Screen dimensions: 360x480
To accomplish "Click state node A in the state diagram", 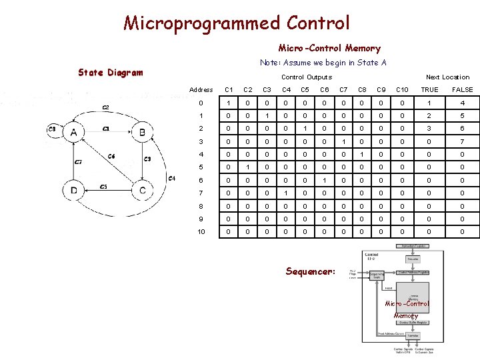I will (x=74, y=133).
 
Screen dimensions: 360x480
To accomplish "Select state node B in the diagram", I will (x=142, y=133).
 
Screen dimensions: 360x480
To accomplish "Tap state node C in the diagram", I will (x=142, y=190).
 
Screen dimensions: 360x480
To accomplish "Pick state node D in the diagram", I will (x=74, y=190).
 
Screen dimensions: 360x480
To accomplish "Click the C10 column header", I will (x=402, y=89).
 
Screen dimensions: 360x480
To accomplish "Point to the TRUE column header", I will (x=430, y=89).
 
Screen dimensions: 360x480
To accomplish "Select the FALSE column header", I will (x=463, y=89).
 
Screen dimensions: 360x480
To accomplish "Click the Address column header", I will (x=201, y=89).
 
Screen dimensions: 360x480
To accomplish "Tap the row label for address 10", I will (x=201, y=231).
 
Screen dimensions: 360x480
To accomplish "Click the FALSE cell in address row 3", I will (x=463, y=141).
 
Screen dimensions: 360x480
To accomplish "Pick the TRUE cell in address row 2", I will (x=430, y=129).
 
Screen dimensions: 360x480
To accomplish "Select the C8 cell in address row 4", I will (x=362, y=155).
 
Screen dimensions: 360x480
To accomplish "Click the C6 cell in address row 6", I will (x=324, y=180).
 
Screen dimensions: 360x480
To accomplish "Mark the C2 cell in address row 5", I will (x=247, y=167).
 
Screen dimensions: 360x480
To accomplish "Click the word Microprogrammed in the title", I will (x=202, y=23).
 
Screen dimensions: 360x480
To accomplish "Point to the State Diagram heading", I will (x=111, y=73).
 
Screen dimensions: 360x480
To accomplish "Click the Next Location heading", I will (x=447, y=77).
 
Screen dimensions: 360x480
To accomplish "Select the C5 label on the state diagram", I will (x=103, y=187).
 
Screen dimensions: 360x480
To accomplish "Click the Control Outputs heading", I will (x=306, y=77).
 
